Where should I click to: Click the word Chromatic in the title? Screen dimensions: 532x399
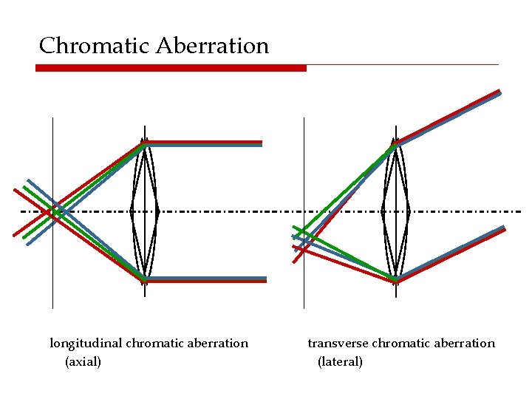coord(95,46)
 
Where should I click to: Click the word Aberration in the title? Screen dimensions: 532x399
coord(213,46)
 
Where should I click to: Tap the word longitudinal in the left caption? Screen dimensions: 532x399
coord(86,343)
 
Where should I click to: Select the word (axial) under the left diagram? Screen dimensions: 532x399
coord(83,361)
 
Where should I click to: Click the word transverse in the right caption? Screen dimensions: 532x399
coord(338,343)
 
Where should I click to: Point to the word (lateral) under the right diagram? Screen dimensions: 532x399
coord(340,361)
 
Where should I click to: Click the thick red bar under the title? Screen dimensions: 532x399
coord(171,68)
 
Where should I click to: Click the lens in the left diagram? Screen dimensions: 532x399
coord(145,212)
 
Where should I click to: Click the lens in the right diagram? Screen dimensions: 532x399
coord(396,212)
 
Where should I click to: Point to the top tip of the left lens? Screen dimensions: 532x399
coord(145,140)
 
